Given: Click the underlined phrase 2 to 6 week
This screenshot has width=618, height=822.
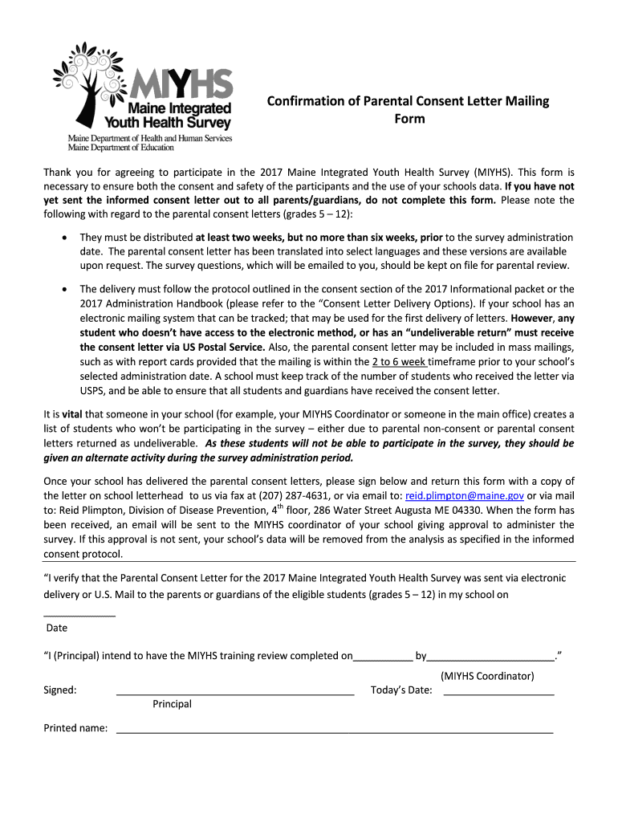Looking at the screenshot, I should (398, 362).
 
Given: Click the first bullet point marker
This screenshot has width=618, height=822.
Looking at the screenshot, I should (63, 238).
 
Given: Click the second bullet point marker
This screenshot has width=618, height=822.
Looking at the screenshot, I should (63, 289).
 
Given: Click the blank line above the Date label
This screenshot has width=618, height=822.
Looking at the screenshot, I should (79, 614).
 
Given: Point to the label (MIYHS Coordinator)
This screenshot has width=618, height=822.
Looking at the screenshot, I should (487, 676).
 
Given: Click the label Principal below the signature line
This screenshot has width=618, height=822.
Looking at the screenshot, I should (172, 704).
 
